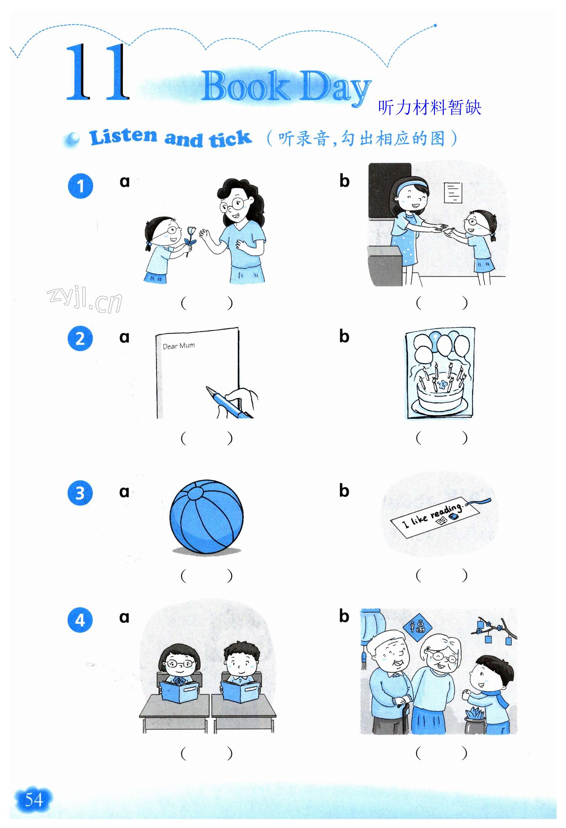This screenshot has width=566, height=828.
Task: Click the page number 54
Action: click(x=34, y=800)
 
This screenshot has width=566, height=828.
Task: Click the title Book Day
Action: click(x=286, y=87)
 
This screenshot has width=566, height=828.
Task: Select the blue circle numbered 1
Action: click(x=80, y=186)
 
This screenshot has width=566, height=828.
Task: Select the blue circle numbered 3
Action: click(x=80, y=493)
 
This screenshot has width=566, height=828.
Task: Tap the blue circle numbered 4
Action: click(x=80, y=620)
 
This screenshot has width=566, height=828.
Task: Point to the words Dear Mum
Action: click(x=179, y=346)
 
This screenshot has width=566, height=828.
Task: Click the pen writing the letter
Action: click(x=228, y=403)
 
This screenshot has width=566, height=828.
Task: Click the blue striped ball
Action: click(x=206, y=517)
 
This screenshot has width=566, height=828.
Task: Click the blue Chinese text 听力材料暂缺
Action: click(x=430, y=107)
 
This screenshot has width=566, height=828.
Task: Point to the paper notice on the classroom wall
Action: click(x=453, y=192)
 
